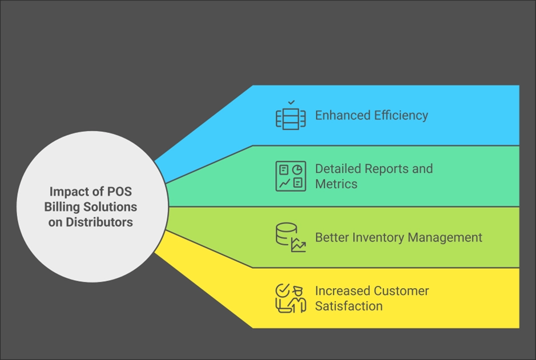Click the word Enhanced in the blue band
(342, 115)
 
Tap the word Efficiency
(401, 115)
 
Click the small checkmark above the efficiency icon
(291, 102)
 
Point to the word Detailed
(338, 169)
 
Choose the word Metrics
(336, 184)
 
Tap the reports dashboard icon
(291, 176)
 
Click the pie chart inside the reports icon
(297, 169)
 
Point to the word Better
(332, 237)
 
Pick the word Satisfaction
(349, 306)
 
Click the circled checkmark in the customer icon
(283, 291)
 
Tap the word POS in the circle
(120, 192)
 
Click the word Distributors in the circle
(99, 222)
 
